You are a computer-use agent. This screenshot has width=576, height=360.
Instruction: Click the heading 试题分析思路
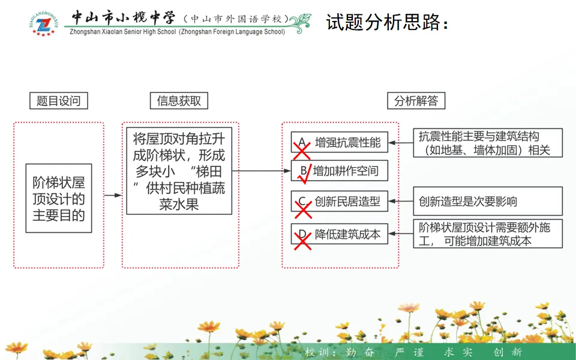pyautogui.click(x=387, y=23)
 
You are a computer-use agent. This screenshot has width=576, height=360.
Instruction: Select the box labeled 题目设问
pyautogui.click(x=59, y=101)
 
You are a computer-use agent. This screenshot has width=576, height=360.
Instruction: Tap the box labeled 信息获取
pyautogui.click(x=179, y=101)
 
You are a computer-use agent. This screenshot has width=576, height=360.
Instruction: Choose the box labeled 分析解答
pyautogui.click(x=416, y=101)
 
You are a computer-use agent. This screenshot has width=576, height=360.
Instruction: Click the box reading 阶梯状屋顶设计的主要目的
pyautogui.click(x=59, y=198)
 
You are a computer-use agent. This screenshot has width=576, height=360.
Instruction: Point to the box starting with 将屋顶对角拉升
pyautogui.click(x=179, y=170)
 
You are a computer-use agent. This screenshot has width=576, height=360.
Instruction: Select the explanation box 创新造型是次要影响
pyautogui.click(x=488, y=202)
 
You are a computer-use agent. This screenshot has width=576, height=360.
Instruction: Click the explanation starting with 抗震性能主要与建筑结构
pyautogui.click(x=488, y=143)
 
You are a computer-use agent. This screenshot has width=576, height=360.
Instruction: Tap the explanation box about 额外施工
pyautogui.click(x=488, y=234)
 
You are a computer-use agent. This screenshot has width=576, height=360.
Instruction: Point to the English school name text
pyautogui.click(x=178, y=32)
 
